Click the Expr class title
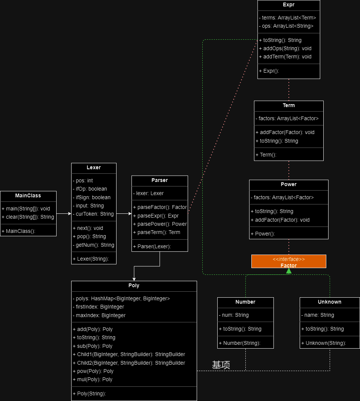tap(288, 4)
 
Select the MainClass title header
tap(28, 196)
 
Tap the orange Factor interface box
tap(288, 261)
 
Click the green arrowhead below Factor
tap(289, 271)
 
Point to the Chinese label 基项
tap(221, 365)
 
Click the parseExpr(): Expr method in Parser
tap(156, 216)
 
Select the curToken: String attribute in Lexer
tap(93, 214)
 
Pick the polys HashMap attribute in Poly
tap(121, 298)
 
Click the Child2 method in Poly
tap(129, 363)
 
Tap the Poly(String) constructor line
tap(89, 394)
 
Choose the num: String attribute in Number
tap(234, 315)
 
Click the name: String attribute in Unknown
tap(318, 315)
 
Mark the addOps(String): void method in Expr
tap(285, 48)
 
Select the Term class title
tap(288, 105)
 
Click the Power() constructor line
tap(263, 234)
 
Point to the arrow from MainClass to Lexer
tap(64, 213)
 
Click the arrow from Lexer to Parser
tap(124, 213)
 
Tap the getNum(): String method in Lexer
tap(93, 245)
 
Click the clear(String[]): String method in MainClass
tap(28, 217)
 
